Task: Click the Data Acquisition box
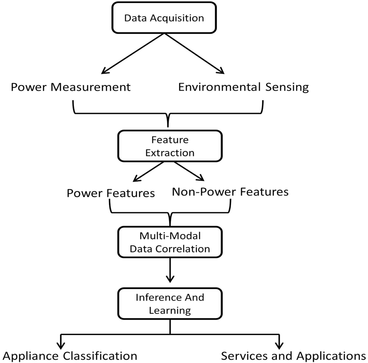164,18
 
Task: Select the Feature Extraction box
169,146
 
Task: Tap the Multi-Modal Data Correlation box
169,242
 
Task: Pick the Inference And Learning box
169,303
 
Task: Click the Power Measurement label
70,87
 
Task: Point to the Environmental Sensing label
243,87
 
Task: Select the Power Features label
110,193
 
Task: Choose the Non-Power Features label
230,191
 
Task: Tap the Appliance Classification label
70,356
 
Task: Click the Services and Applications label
293,356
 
